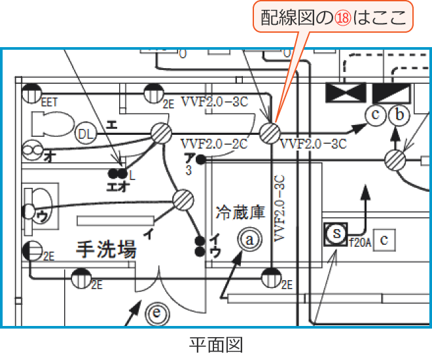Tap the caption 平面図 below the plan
tap(215, 344)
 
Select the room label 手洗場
tap(105, 249)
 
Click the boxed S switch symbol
tap(336, 234)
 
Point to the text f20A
tap(360, 242)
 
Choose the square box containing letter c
tap(386, 240)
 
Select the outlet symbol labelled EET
tap(31, 94)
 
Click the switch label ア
tap(189, 157)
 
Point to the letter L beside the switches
tap(132, 175)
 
